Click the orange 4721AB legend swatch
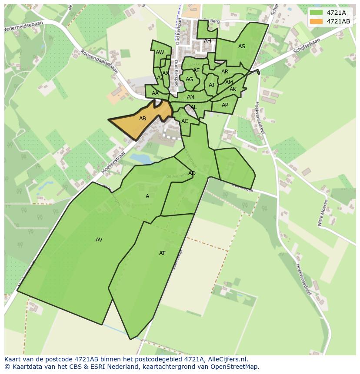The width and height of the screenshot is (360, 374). point(316,21)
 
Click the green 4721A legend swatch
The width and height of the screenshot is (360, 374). point(316,13)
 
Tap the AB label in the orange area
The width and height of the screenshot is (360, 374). point(143,118)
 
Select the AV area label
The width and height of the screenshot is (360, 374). point(99,239)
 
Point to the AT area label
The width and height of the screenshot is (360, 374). point(162,253)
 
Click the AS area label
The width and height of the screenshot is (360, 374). point(242,46)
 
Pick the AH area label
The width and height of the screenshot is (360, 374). point(207,41)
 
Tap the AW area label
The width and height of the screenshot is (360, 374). point(160,53)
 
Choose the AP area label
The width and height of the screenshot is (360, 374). point(225,105)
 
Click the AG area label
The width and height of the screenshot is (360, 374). point(189,79)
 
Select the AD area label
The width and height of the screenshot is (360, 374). point(192,173)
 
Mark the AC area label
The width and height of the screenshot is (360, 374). point(185,121)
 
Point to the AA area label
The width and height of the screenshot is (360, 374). point(155,93)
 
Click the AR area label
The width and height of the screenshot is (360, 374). point(225,72)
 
